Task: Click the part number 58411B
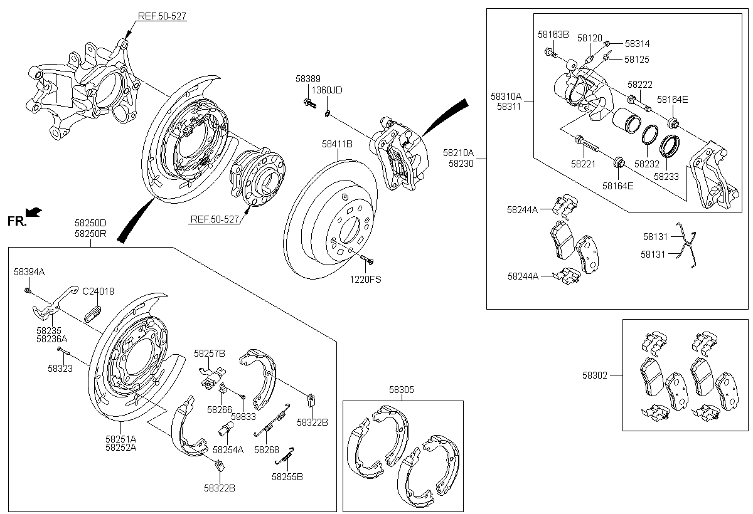coord(337,144)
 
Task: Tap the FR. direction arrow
coord(33,212)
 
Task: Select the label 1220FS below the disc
coord(365,280)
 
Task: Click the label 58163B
coord(553,34)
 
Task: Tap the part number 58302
coord(595,375)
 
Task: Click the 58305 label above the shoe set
coord(402,389)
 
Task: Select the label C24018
coord(98,291)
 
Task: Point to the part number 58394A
coord(29,272)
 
